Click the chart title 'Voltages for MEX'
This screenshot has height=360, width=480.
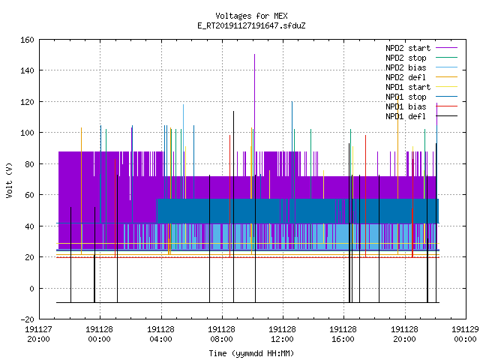251,16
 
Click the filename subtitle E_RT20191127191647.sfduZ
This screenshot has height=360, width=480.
251,25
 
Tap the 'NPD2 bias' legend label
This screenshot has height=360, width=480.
406,67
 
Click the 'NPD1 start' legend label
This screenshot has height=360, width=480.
408,87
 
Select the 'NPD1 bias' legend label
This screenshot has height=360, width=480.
406,106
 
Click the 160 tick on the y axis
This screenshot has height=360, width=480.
27,40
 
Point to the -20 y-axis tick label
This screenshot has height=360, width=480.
27,319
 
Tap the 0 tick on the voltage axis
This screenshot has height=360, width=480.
31,288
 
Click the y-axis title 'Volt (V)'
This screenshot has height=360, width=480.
9,180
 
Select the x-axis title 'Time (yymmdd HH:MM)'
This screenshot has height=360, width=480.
251,353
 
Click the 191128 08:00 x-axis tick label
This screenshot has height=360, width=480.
221,334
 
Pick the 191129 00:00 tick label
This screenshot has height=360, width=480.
465,334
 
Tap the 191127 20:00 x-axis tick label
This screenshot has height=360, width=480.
38,334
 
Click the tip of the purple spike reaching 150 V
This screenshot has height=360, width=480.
254,55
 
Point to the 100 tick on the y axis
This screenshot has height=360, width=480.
27,133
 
